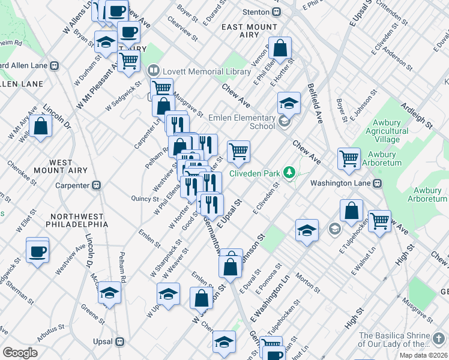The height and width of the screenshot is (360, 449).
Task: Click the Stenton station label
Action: (256, 11)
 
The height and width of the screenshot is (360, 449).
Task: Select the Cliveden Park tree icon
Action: (290, 173)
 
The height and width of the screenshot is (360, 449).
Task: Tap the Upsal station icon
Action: (119, 342)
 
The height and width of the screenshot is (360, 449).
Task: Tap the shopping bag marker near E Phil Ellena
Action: (280, 47)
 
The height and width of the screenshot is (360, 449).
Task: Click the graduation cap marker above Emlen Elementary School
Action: (289, 103)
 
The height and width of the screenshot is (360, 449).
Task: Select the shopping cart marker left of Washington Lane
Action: (349, 158)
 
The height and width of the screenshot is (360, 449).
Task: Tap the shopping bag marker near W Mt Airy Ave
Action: (40, 126)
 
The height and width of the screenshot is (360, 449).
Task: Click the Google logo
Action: (20, 352)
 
